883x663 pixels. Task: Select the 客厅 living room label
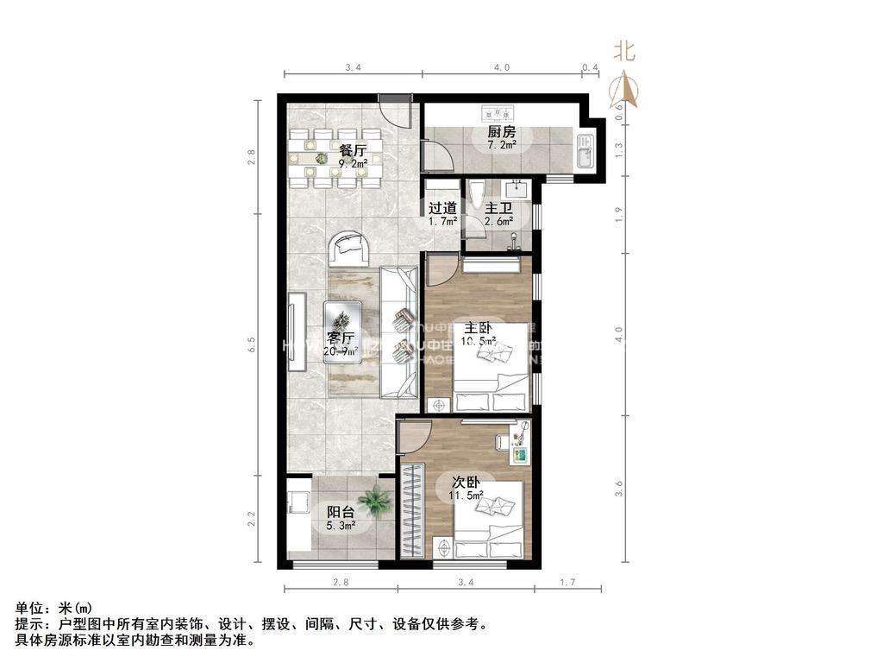click(x=341, y=337)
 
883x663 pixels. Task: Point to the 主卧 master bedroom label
click(x=479, y=328)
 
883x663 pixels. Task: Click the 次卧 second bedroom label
click(x=459, y=483)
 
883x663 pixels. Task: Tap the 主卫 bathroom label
click(x=498, y=208)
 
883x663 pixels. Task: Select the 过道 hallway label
click(x=442, y=208)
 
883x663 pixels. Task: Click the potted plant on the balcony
click(x=376, y=499)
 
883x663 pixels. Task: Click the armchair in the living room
click(x=350, y=249)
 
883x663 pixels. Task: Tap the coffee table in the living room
click(x=342, y=331)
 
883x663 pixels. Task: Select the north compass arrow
click(x=624, y=89)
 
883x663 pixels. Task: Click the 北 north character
click(x=624, y=51)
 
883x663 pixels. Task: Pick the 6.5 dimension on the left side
click(x=251, y=343)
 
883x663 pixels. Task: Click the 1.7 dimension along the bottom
click(x=567, y=584)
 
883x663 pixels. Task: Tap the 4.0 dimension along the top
click(x=502, y=67)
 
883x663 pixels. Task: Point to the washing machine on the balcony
click(x=299, y=504)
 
